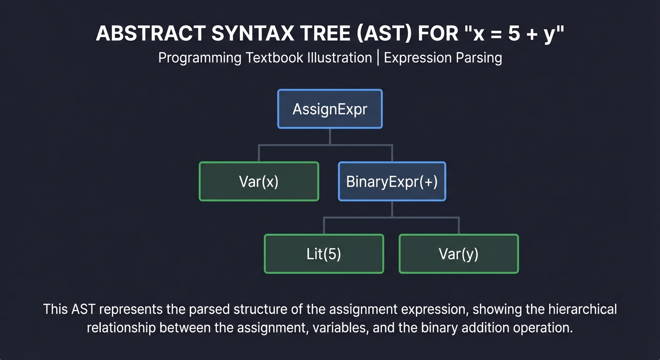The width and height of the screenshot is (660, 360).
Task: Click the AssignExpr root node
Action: coord(330,109)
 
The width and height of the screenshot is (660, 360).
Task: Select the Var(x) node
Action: coord(259,181)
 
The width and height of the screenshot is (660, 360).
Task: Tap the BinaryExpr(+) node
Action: coord(392,181)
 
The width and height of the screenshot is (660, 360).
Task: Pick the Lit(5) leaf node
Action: coord(324,254)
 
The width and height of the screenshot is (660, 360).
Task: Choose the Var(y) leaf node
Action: coord(458,254)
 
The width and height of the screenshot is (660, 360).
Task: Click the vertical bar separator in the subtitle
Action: coord(378,58)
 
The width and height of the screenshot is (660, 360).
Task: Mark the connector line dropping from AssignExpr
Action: coord(330,136)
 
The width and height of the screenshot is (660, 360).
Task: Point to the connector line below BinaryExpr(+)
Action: coord(392,209)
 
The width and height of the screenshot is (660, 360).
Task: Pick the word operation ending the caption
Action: coord(543,327)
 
